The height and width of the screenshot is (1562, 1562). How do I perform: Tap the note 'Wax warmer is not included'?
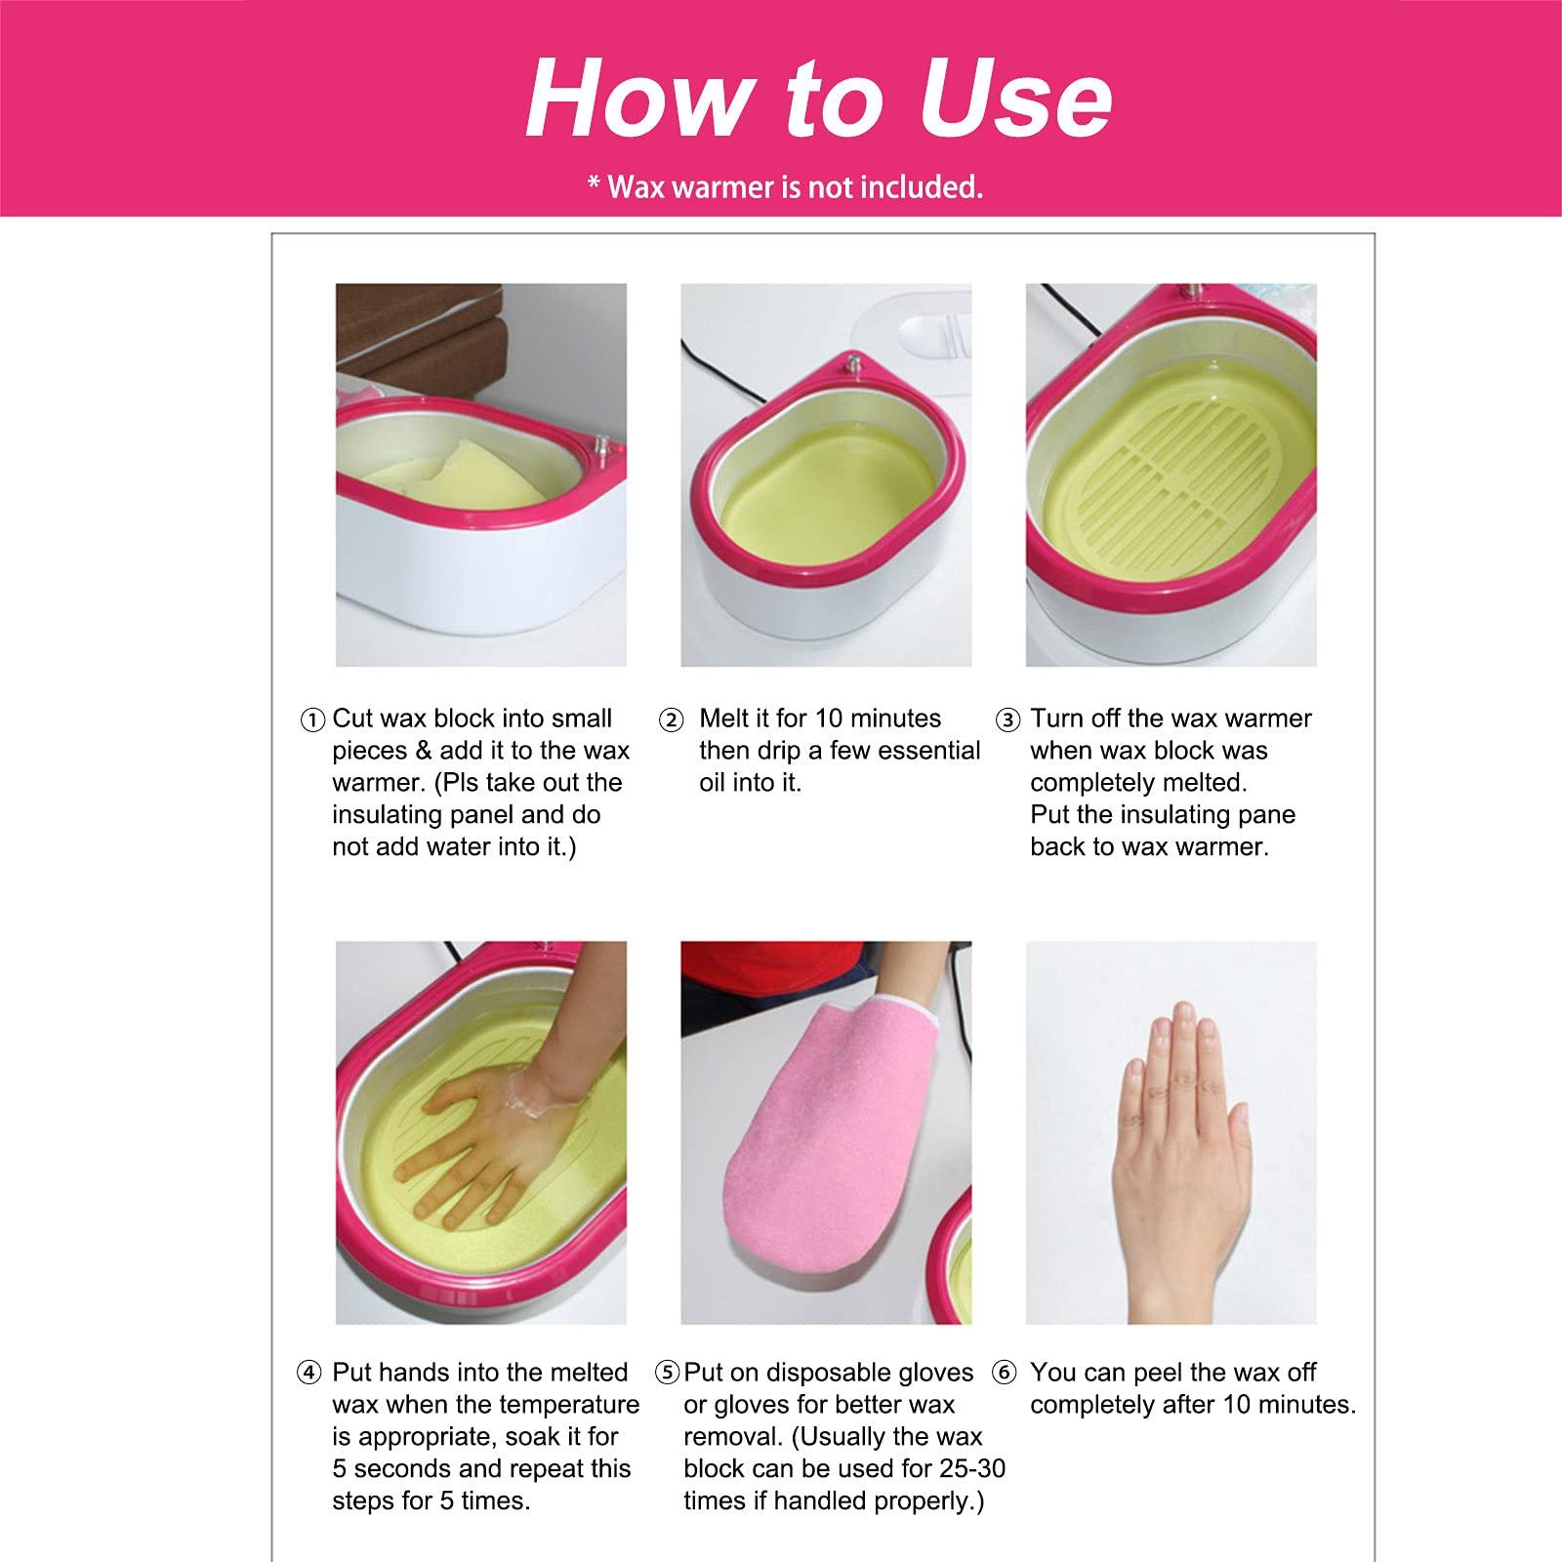(x=785, y=186)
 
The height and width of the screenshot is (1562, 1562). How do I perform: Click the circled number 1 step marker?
(x=311, y=720)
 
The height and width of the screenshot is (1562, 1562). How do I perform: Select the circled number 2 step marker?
(x=671, y=720)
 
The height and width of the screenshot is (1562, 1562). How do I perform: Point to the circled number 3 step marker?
(x=1007, y=720)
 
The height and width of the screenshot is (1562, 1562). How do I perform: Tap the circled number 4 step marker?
(x=308, y=1373)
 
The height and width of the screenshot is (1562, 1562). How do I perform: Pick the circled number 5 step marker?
(x=668, y=1373)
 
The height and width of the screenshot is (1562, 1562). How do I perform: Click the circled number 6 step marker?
(x=1004, y=1373)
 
